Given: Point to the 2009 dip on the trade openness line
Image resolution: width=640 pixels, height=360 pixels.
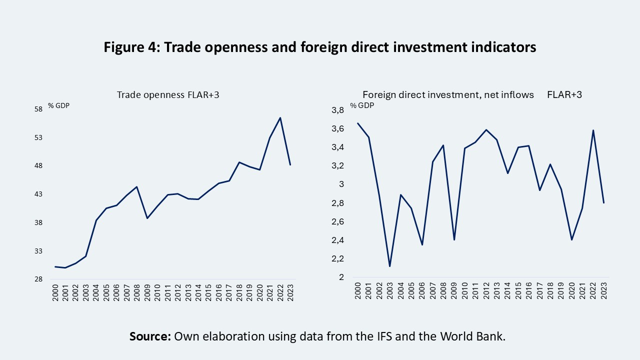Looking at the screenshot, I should coord(147,218).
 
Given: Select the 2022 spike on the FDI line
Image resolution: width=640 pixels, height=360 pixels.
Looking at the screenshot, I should coord(593,130).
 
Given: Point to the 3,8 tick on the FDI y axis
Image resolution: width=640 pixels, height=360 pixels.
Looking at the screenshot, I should coord(338,110).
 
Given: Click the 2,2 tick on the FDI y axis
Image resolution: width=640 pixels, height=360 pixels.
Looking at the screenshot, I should coord(338,258).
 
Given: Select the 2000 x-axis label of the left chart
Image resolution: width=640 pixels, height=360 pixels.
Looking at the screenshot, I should coord(55,292).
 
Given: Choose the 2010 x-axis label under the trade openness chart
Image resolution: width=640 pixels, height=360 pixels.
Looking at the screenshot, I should coord(157,292).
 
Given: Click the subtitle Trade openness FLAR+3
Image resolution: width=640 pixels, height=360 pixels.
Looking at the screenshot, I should coord(168,94).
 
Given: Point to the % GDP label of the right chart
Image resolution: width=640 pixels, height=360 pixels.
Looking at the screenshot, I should coord(361,105).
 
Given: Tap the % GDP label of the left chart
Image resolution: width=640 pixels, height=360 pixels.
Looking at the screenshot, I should coord(58,105).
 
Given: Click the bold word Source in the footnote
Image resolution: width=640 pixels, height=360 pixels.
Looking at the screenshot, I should coord(150,336).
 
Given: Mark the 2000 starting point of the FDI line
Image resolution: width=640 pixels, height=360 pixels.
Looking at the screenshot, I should coord(357,123).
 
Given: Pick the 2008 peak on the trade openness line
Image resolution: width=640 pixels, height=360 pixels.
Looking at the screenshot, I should coord(137,186).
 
